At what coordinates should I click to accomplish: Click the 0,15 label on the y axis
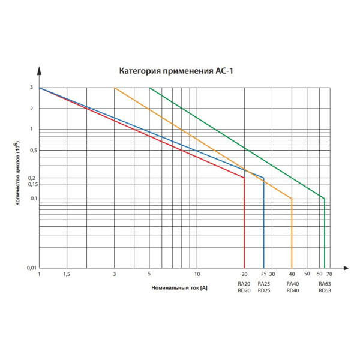coord(31,184)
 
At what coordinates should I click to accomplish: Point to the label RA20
coord(244,284)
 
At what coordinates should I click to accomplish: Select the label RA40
coord(292,284)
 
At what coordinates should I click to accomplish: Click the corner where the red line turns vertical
coord(244,178)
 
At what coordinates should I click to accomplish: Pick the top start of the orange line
coord(115,88)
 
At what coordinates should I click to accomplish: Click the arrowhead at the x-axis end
coord(346,268)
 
